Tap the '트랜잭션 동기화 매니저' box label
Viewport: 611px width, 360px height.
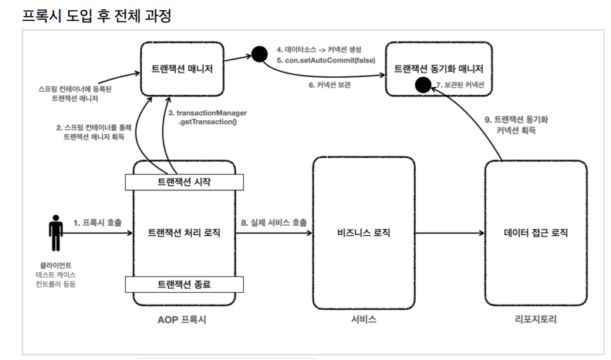(x=440, y=68)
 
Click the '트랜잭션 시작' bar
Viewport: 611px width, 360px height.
(x=184, y=181)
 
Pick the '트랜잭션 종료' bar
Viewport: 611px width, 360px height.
(x=184, y=283)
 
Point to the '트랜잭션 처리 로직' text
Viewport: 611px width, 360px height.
(x=184, y=232)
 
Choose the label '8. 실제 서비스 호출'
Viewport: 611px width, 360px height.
(x=273, y=223)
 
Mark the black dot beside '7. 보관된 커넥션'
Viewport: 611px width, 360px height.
(x=421, y=84)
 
